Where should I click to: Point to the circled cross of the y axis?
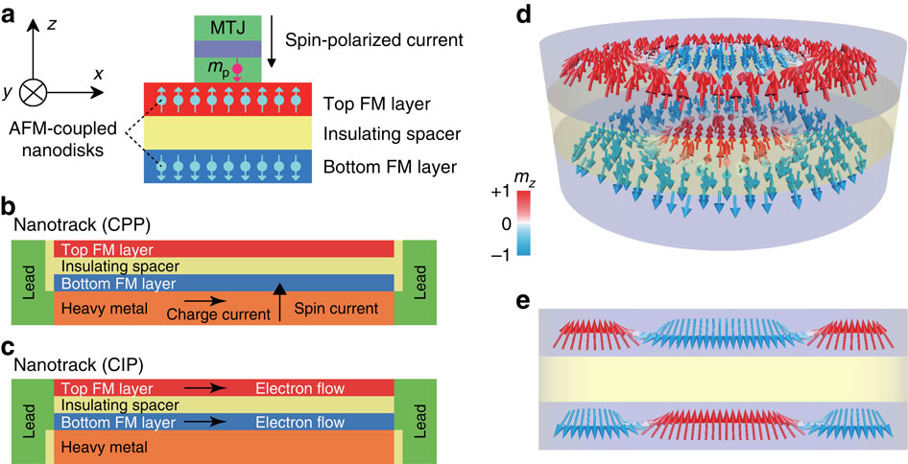pos(35,94)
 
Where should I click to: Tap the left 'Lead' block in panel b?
pos(29,284)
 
